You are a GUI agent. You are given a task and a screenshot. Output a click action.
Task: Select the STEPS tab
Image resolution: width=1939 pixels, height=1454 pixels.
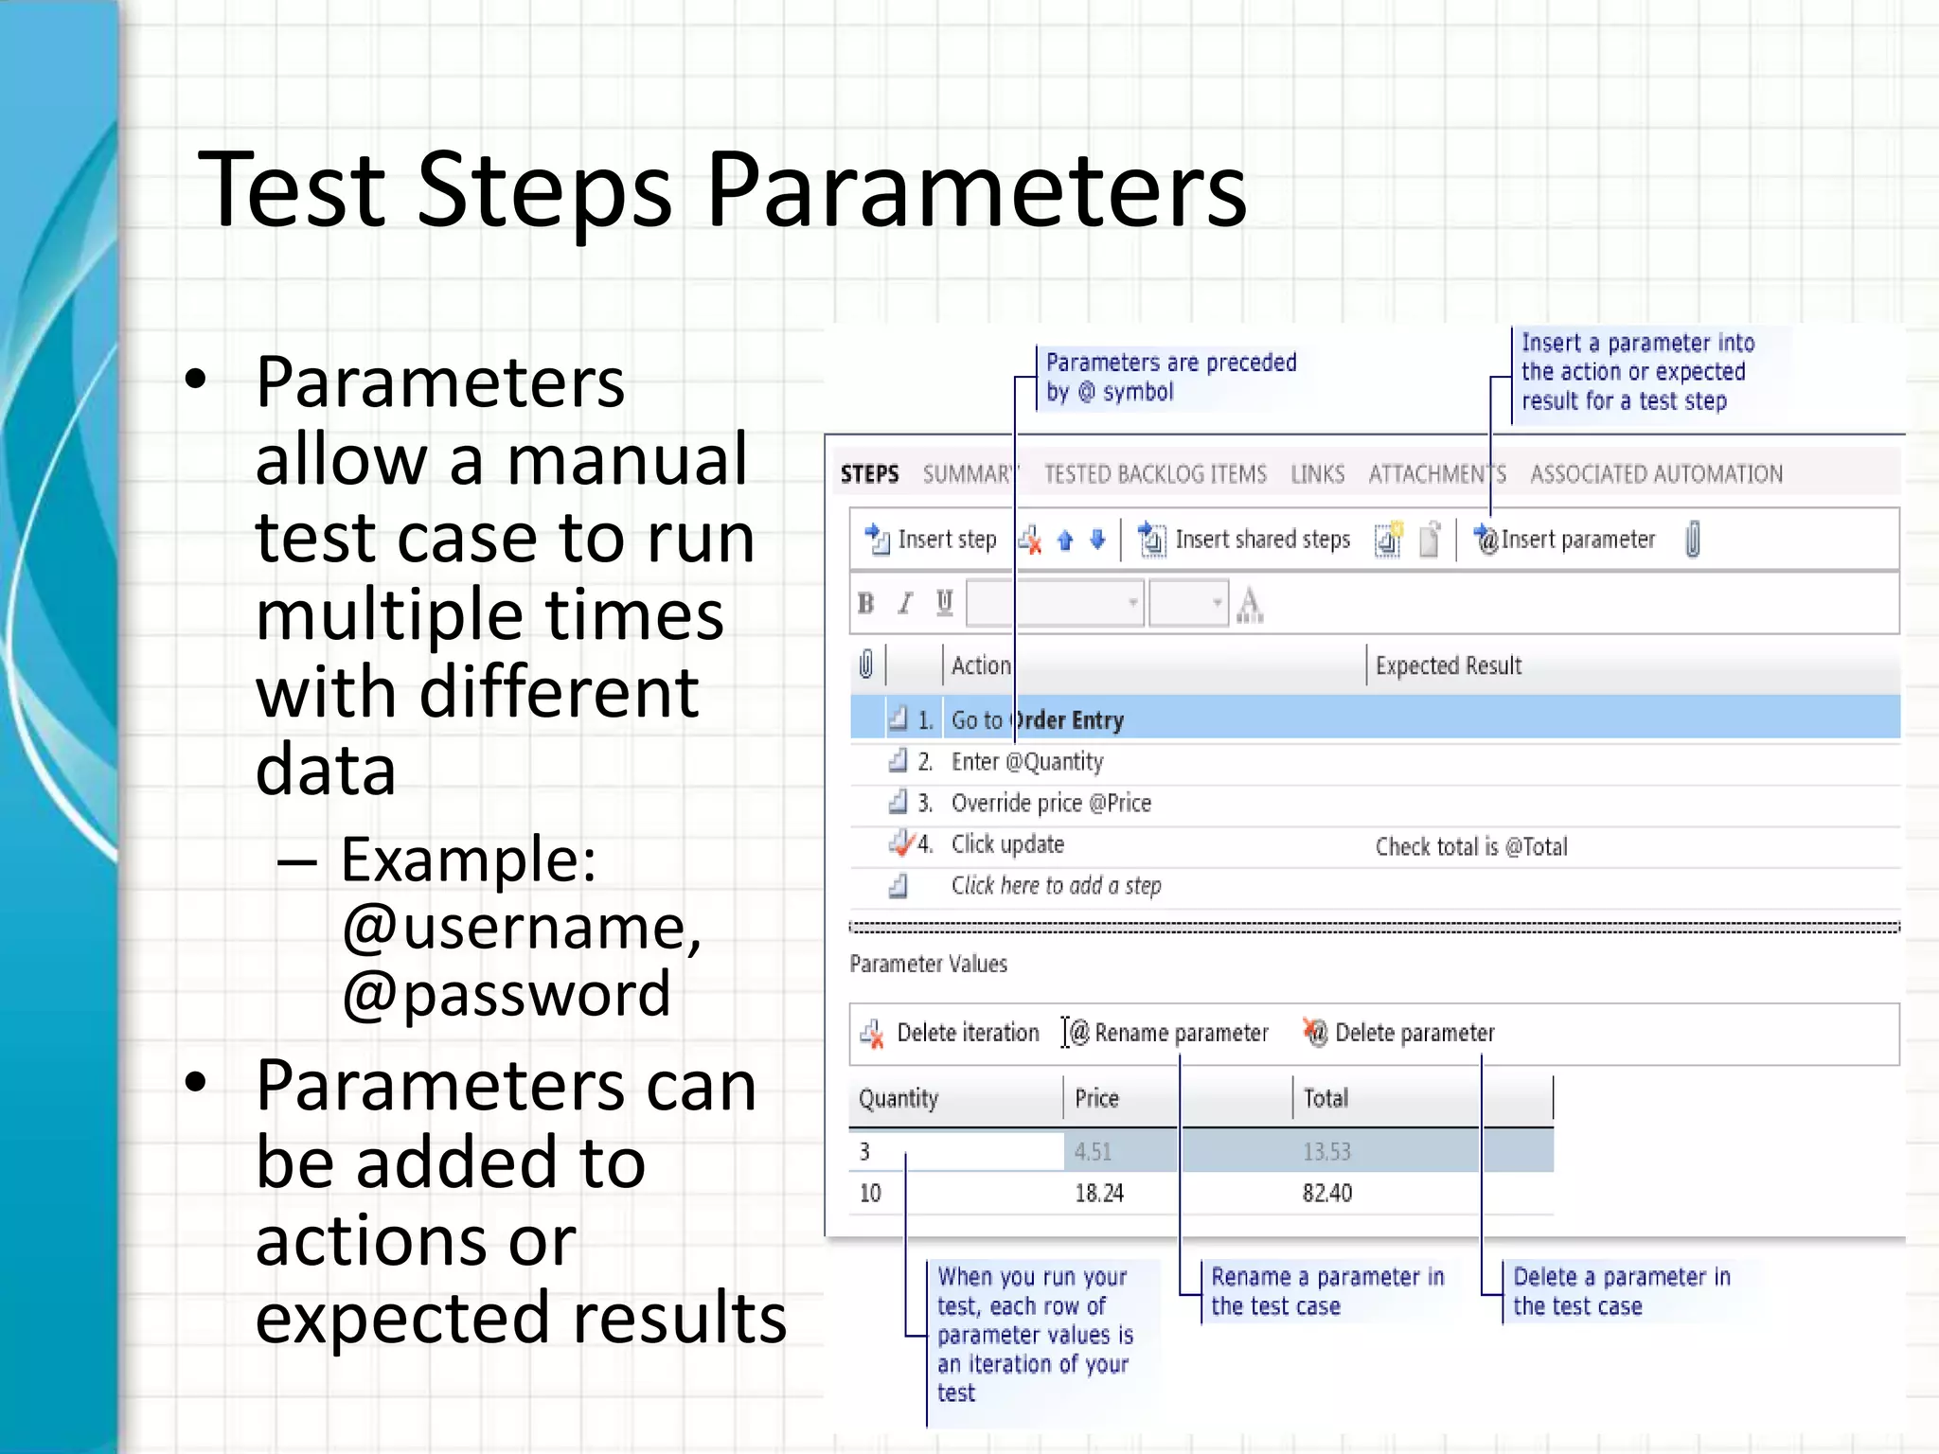(868, 473)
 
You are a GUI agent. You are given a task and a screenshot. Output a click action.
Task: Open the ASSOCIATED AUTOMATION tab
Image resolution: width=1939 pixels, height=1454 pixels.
(1656, 473)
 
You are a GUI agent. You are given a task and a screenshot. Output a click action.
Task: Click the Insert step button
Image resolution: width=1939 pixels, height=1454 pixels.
(932, 540)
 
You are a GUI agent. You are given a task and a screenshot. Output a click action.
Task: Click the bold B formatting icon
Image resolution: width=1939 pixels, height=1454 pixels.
(865, 603)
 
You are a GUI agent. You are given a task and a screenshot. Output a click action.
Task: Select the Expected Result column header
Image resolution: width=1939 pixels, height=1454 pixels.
(1448, 665)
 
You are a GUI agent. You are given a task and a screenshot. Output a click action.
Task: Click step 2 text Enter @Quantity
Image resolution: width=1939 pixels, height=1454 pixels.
(1026, 761)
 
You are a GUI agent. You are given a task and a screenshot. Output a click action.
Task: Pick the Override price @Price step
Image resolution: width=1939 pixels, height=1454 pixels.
(1050, 803)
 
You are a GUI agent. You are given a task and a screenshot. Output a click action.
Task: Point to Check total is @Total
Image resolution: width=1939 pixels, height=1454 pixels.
(1470, 846)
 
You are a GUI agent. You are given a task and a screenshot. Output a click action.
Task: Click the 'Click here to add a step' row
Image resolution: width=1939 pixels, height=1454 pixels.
(1055, 886)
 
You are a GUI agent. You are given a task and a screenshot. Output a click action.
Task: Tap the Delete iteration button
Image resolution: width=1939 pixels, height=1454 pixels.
(951, 1033)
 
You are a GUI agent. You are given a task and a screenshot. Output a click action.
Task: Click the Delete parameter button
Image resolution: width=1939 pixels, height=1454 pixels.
(1400, 1033)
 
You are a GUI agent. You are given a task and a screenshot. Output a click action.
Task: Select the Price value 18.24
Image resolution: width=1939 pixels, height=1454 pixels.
(1098, 1193)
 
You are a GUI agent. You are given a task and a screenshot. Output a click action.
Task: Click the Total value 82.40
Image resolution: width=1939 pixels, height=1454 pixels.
(1326, 1193)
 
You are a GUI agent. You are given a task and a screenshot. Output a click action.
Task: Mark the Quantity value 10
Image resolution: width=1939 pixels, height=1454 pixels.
(870, 1193)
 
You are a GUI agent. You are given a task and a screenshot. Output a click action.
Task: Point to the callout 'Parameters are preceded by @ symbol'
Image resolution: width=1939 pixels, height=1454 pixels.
(1169, 376)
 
